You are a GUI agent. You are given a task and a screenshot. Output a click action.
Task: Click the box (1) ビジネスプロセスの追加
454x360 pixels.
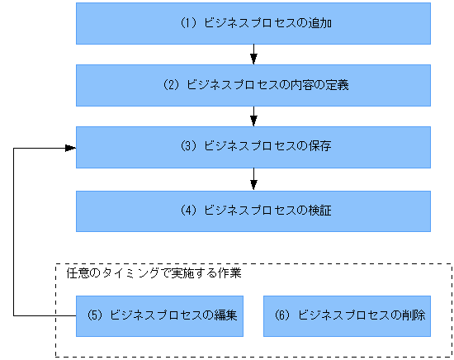tap(253, 23)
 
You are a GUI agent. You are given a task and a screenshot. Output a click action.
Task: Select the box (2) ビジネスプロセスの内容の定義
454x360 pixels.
tap(253, 85)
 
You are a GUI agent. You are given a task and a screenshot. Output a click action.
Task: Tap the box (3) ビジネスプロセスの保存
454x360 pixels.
tap(253, 147)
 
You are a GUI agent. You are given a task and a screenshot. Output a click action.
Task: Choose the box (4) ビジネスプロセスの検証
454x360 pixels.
tap(253, 211)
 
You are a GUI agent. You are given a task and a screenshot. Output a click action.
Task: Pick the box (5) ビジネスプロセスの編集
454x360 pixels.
tap(160, 315)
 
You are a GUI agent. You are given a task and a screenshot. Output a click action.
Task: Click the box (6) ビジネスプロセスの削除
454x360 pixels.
tap(348, 315)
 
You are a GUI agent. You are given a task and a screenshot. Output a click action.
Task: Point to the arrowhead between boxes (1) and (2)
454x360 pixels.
tap(253, 59)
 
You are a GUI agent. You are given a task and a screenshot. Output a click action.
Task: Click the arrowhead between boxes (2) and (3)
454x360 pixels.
tap(253, 121)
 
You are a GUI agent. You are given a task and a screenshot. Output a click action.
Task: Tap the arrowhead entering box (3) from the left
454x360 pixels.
tap(70, 148)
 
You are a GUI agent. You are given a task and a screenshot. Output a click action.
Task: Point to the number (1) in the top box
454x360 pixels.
tap(187, 24)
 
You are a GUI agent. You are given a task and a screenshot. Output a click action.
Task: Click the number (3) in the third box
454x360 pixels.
tap(187, 148)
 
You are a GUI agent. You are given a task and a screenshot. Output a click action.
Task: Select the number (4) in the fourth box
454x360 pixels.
tap(187, 211)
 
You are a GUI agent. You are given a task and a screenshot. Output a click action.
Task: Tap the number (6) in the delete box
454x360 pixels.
tap(281, 315)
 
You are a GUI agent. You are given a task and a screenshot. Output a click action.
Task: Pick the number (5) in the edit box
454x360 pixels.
tap(94, 315)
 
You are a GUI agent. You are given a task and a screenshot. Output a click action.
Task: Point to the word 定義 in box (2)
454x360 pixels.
tap(338, 85)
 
